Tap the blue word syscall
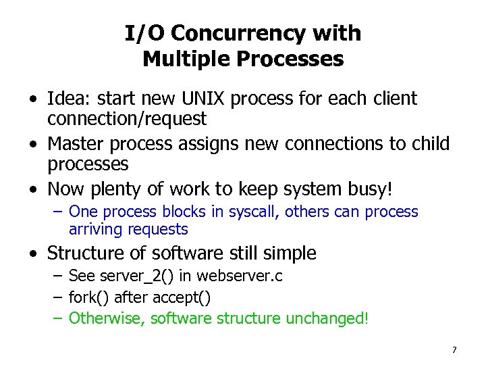click(x=254, y=212)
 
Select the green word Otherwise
click(x=103, y=318)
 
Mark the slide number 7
click(x=454, y=349)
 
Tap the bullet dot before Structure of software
click(x=33, y=254)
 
